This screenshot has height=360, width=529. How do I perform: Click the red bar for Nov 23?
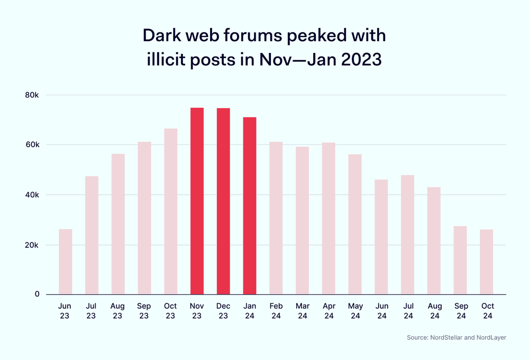[x=197, y=201]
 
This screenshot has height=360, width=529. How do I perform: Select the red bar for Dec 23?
[x=223, y=201]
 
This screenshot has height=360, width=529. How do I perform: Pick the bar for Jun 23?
[x=66, y=262]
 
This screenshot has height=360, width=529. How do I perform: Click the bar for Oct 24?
[x=486, y=262]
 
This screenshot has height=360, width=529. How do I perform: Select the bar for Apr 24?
[x=329, y=218]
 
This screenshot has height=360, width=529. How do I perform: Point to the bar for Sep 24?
[x=460, y=260]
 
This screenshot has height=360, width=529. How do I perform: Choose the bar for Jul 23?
[x=92, y=235]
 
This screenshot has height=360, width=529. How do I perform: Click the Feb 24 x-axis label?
[x=276, y=311]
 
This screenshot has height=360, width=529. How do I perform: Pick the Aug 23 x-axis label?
[x=118, y=311]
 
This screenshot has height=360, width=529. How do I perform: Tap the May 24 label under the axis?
[x=355, y=311]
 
